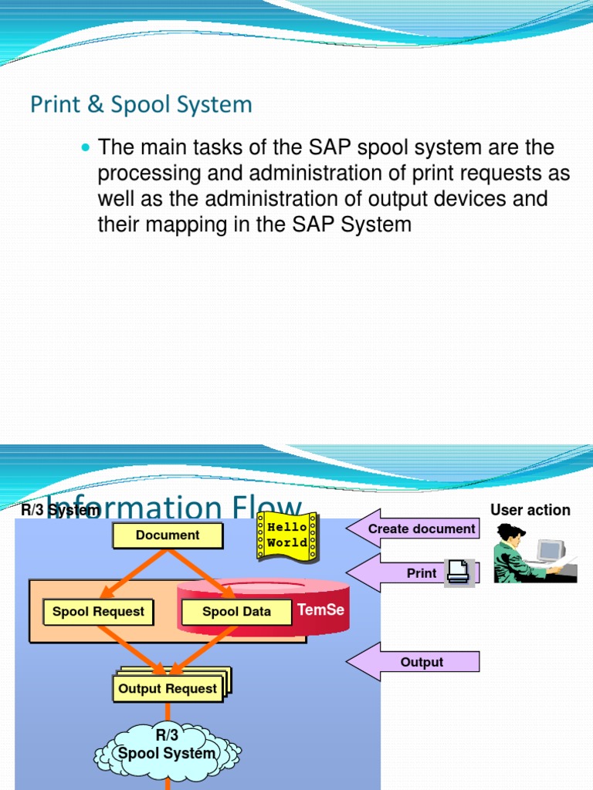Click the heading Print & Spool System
[x=141, y=104]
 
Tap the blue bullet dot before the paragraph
[x=86, y=147]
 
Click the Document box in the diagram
[x=168, y=535]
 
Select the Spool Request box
[x=98, y=612]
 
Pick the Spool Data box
[x=236, y=612]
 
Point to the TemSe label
[x=320, y=610]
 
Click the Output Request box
[x=168, y=688]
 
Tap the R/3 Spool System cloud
[x=167, y=746]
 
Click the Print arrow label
[x=422, y=573]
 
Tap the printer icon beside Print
[x=457, y=572]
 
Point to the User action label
[x=530, y=510]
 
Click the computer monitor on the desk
[x=551, y=551]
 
